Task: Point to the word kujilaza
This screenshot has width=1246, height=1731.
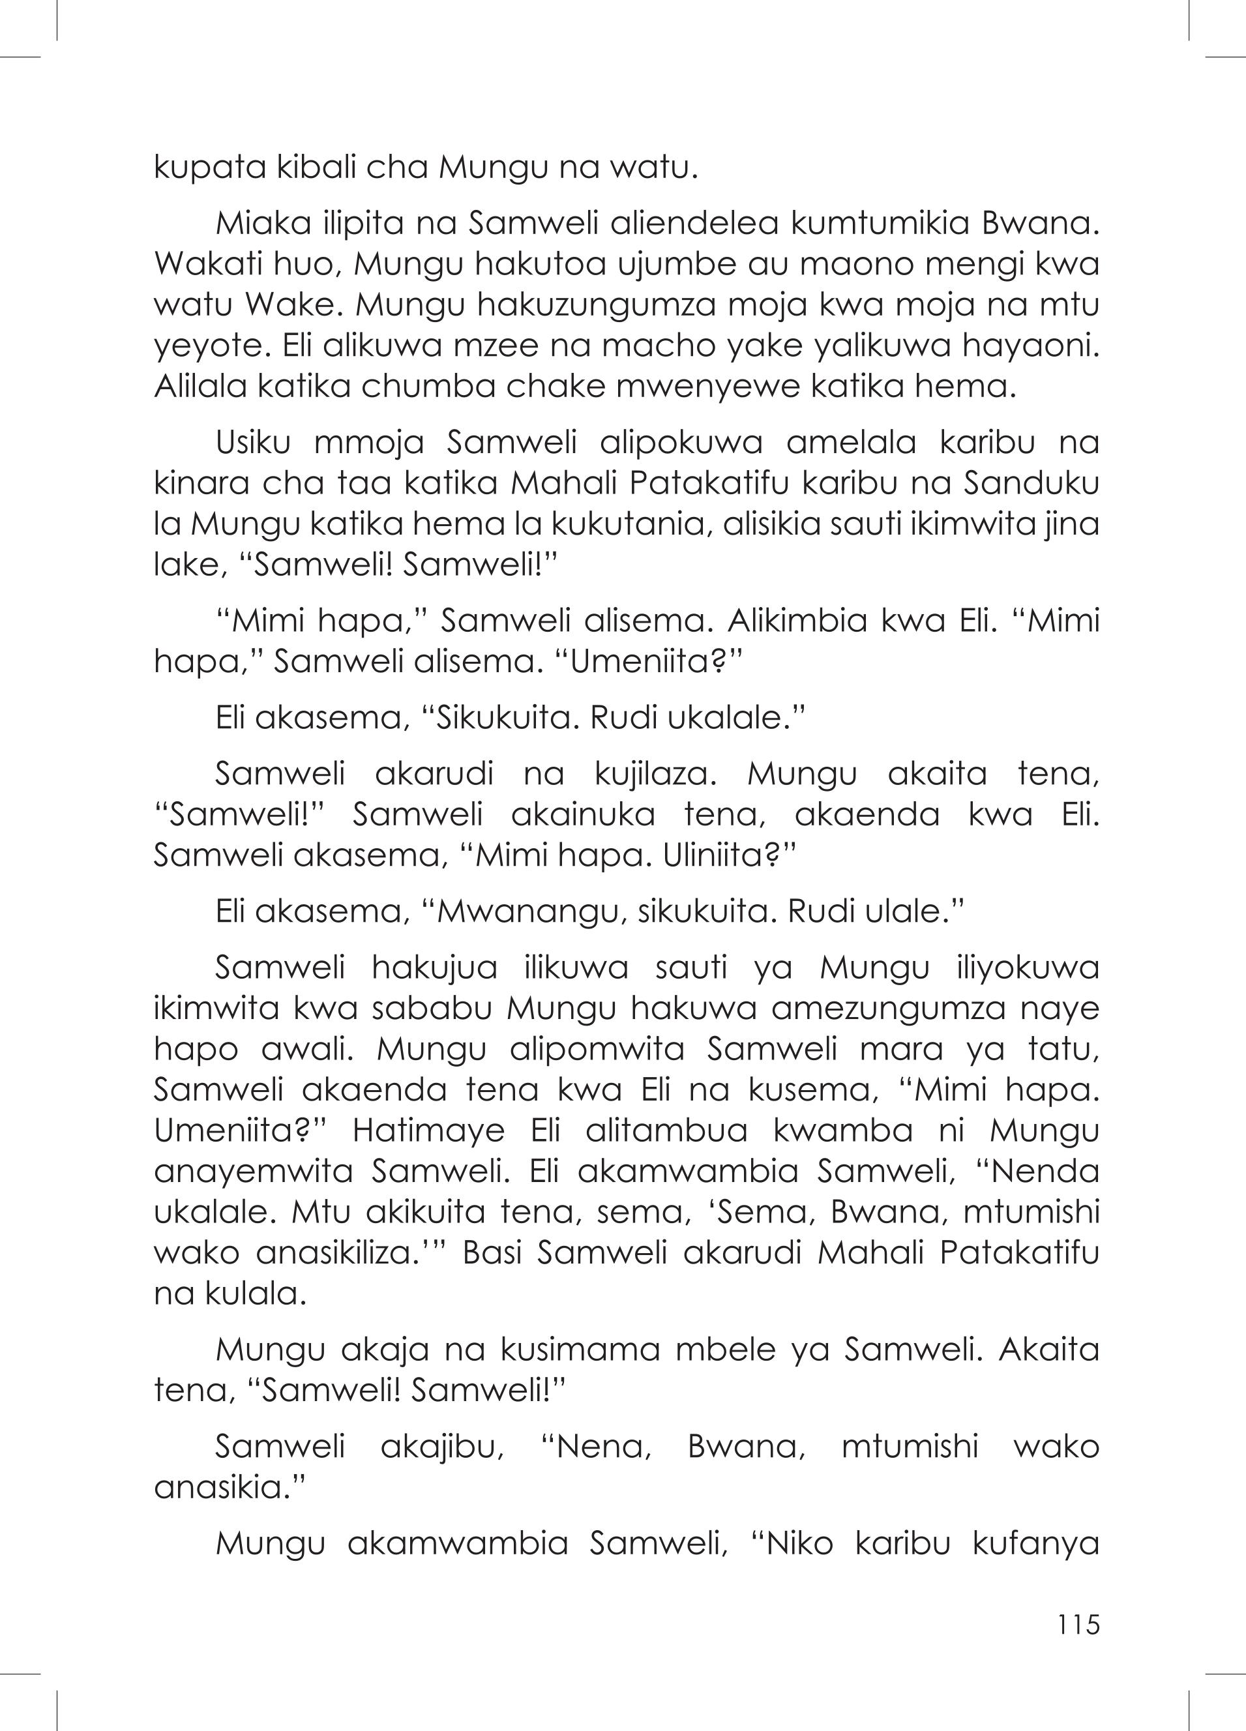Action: click(657, 774)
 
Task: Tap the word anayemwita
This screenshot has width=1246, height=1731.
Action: click(254, 1171)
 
